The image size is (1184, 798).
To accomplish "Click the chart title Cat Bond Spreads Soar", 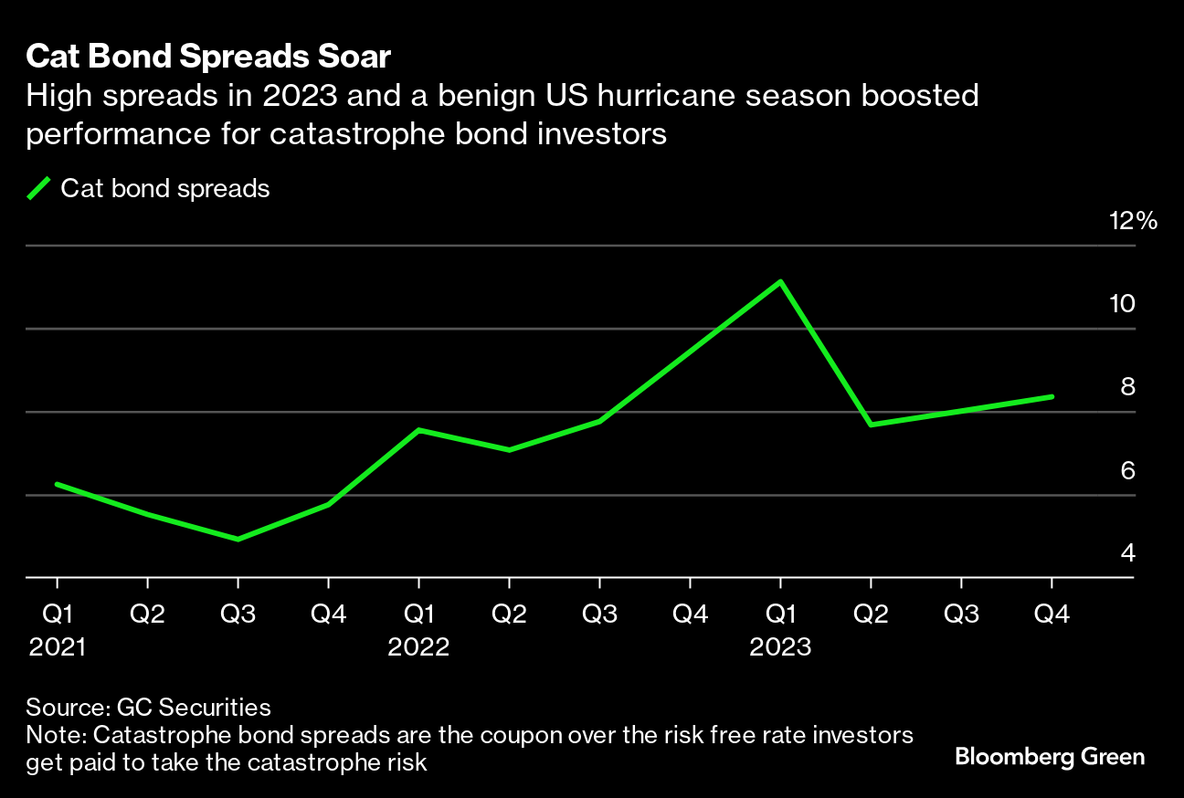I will pyautogui.click(x=208, y=58).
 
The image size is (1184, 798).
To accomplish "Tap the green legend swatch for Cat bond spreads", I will pyautogui.click(x=39, y=189).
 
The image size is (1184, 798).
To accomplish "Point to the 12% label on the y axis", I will pyautogui.click(x=1133, y=221).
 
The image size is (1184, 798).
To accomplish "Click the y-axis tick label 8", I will pyautogui.click(x=1127, y=387).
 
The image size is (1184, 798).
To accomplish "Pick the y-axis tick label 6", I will pyautogui.click(x=1127, y=471).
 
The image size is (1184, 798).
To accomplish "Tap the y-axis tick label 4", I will pyautogui.click(x=1127, y=553).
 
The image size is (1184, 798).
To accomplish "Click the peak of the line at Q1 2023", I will pyautogui.click(x=780, y=282).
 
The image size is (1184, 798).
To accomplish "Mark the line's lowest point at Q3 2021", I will pyautogui.click(x=238, y=540).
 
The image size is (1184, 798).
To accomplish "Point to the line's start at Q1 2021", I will pyautogui.click(x=58, y=484).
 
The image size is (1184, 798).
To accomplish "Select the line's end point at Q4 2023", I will pyautogui.click(x=1052, y=397).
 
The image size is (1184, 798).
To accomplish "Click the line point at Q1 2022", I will pyautogui.click(x=418, y=430).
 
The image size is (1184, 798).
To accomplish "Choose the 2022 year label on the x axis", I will pyautogui.click(x=418, y=647).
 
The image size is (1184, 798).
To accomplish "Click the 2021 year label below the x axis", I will pyautogui.click(x=58, y=647).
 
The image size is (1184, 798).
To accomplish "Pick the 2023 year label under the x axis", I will pyautogui.click(x=780, y=647).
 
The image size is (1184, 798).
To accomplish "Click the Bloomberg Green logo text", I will pyautogui.click(x=1049, y=756).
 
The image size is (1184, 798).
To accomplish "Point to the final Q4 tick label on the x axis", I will pyautogui.click(x=1052, y=614).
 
